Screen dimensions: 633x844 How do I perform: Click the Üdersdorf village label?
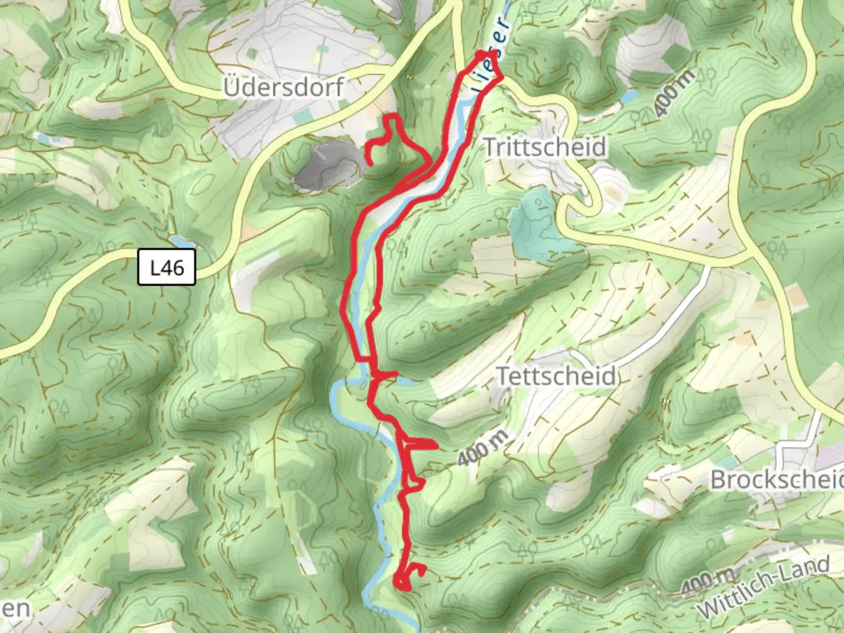point(284,88)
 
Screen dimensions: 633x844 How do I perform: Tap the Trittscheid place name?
point(544,147)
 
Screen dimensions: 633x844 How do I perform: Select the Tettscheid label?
point(556,376)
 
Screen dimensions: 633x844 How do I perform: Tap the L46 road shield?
point(166,268)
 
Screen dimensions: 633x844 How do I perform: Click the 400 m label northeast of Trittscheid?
point(675,92)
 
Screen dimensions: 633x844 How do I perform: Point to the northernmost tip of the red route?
point(482,55)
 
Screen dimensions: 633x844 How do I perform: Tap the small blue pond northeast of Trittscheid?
point(629,97)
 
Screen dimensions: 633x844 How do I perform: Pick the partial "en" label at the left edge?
point(15,608)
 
